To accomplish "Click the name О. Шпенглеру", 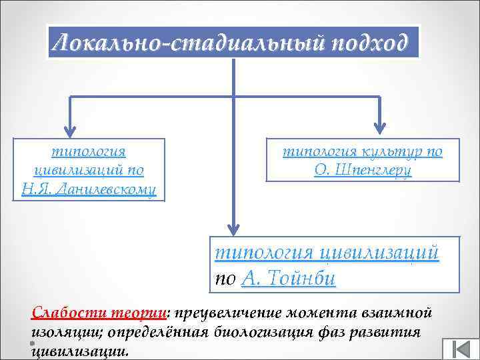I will click(363, 170).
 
